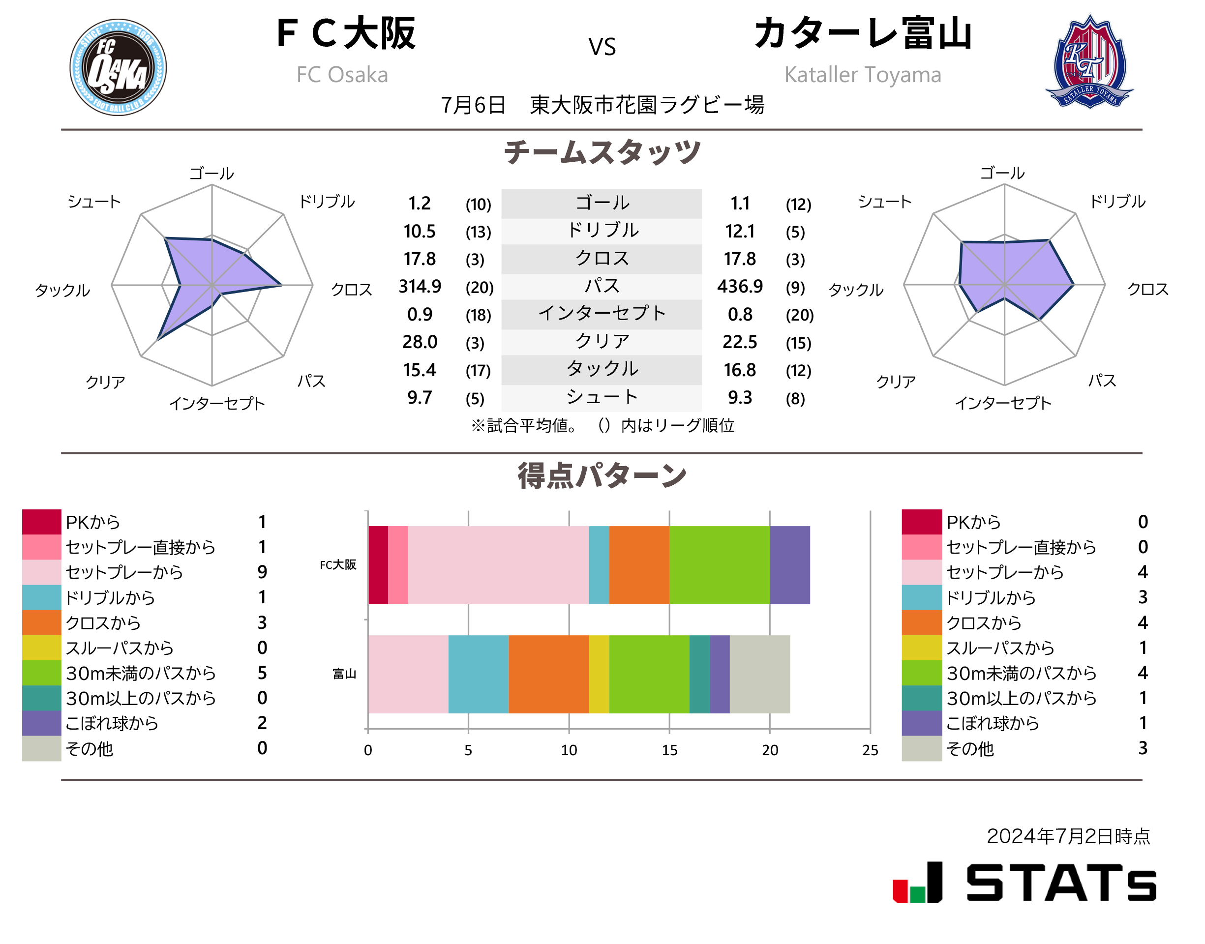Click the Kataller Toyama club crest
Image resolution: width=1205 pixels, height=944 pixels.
1089,62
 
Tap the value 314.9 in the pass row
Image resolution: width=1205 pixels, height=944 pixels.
420,286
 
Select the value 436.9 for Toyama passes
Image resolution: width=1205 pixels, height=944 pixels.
740,286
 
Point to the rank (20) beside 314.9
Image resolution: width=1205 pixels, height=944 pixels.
479,288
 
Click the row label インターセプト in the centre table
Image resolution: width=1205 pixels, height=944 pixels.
602,313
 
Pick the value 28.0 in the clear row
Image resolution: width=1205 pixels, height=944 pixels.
420,342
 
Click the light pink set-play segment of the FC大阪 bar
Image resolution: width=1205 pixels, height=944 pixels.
498,565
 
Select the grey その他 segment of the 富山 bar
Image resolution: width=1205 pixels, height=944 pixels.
759,674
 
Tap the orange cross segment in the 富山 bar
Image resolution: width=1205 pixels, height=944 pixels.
548,674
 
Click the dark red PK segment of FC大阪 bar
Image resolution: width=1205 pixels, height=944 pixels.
378,565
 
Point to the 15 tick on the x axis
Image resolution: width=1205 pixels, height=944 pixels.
669,750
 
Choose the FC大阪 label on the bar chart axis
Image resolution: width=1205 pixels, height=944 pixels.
338,565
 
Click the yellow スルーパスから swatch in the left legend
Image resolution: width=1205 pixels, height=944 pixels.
41,648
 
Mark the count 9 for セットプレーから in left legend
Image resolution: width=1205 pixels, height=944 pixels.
262,572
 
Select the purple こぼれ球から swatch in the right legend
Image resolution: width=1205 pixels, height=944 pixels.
921,723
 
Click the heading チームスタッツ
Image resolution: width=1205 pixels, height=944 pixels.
602,152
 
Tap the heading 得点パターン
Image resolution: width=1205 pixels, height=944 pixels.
602,476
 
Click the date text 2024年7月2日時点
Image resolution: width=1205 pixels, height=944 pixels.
1068,836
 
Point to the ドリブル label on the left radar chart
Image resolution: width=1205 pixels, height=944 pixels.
327,202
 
